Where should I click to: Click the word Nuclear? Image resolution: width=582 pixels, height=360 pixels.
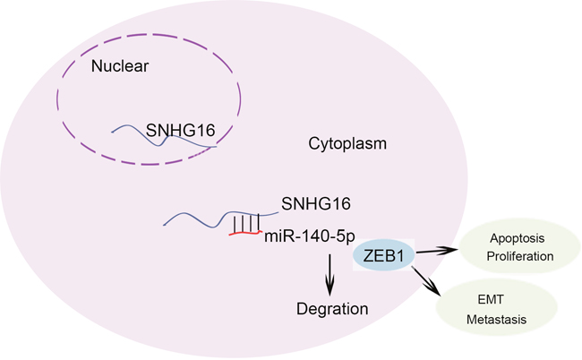coord(121,65)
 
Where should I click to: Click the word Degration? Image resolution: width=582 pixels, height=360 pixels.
coord(332,310)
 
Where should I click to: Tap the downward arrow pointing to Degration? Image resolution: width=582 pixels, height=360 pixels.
coord(330,274)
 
